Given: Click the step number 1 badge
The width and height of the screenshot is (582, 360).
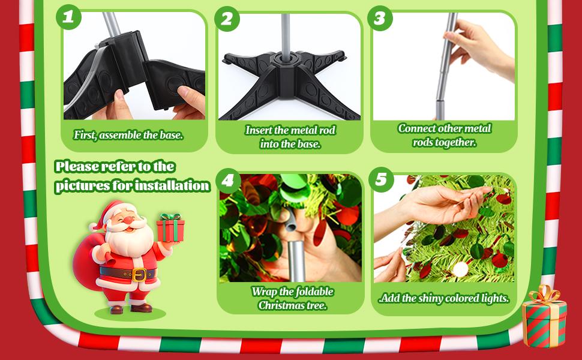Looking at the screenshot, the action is (x=68, y=17).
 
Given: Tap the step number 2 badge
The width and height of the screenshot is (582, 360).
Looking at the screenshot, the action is (x=227, y=19).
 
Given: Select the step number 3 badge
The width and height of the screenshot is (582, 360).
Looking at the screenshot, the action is (x=380, y=18).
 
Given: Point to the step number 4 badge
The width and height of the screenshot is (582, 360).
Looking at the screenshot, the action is (x=227, y=181).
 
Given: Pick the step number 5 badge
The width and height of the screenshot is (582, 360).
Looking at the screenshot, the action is (x=381, y=179).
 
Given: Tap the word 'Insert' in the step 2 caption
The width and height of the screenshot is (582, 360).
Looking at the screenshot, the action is (x=256, y=130).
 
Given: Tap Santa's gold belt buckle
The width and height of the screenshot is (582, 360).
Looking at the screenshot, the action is (x=139, y=275).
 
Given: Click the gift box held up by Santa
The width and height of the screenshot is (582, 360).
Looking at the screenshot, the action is (x=170, y=227).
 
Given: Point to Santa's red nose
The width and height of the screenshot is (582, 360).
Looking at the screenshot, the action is (x=128, y=220).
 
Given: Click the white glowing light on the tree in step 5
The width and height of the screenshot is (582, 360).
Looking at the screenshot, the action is (x=460, y=269).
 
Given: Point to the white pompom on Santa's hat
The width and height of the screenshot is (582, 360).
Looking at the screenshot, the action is (x=92, y=226).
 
